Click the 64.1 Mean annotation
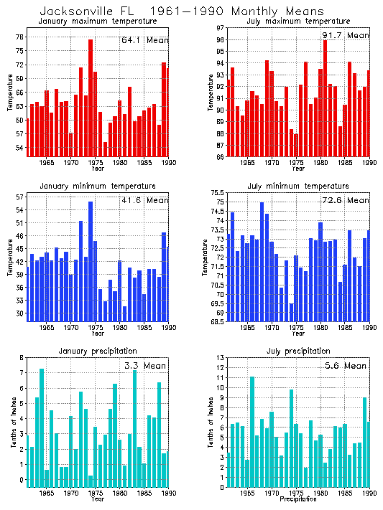[144, 40]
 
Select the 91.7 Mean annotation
[345, 34]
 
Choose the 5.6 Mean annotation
[345, 366]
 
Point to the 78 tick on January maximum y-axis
[19, 37]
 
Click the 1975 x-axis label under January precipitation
[95, 494]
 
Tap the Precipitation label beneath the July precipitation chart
[297, 499]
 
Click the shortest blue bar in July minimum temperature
[291, 312]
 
